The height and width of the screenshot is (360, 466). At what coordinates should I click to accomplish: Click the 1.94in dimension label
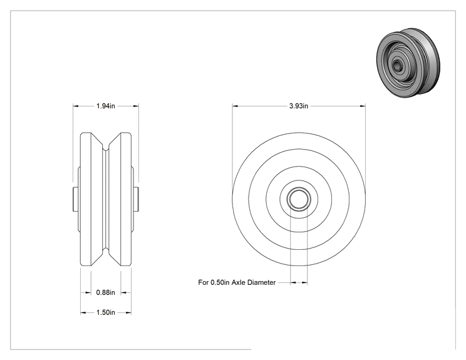click(x=105, y=106)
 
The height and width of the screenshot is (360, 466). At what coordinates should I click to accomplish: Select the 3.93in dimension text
click(x=299, y=106)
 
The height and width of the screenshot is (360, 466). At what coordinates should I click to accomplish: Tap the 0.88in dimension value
click(x=105, y=292)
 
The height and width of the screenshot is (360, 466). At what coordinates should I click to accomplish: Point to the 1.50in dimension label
click(x=105, y=312)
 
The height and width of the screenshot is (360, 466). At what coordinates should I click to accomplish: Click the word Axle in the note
click(x=239, y=282)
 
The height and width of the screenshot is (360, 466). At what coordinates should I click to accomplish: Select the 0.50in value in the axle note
click(x=220, y=282)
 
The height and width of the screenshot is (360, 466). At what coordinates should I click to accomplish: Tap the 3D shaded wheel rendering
click(x=408, y=63)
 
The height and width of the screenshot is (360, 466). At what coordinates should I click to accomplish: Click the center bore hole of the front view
click(x=299, y=198)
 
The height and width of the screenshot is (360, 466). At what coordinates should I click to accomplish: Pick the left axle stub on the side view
click(x=76, y=199)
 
